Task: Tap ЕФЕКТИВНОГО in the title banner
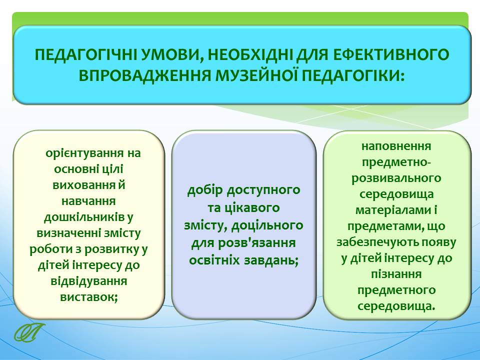pos(391,55)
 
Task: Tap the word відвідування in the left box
pos(89,281)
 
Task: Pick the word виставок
pos(89,297)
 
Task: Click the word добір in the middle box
pos(205,190)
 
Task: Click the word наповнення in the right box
pos(396,146)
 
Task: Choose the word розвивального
pos(396,178)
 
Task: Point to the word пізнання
pos(396,274)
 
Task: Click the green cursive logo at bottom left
pos(29,332)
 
